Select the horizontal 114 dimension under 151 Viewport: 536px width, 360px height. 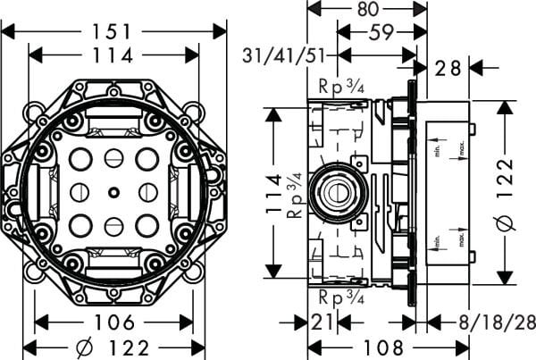point(113,55)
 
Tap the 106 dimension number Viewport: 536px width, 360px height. point(113,322)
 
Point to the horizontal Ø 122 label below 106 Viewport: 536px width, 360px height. point(113,347)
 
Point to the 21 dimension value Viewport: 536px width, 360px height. point(323,322)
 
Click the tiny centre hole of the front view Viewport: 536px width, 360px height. point(113,190)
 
